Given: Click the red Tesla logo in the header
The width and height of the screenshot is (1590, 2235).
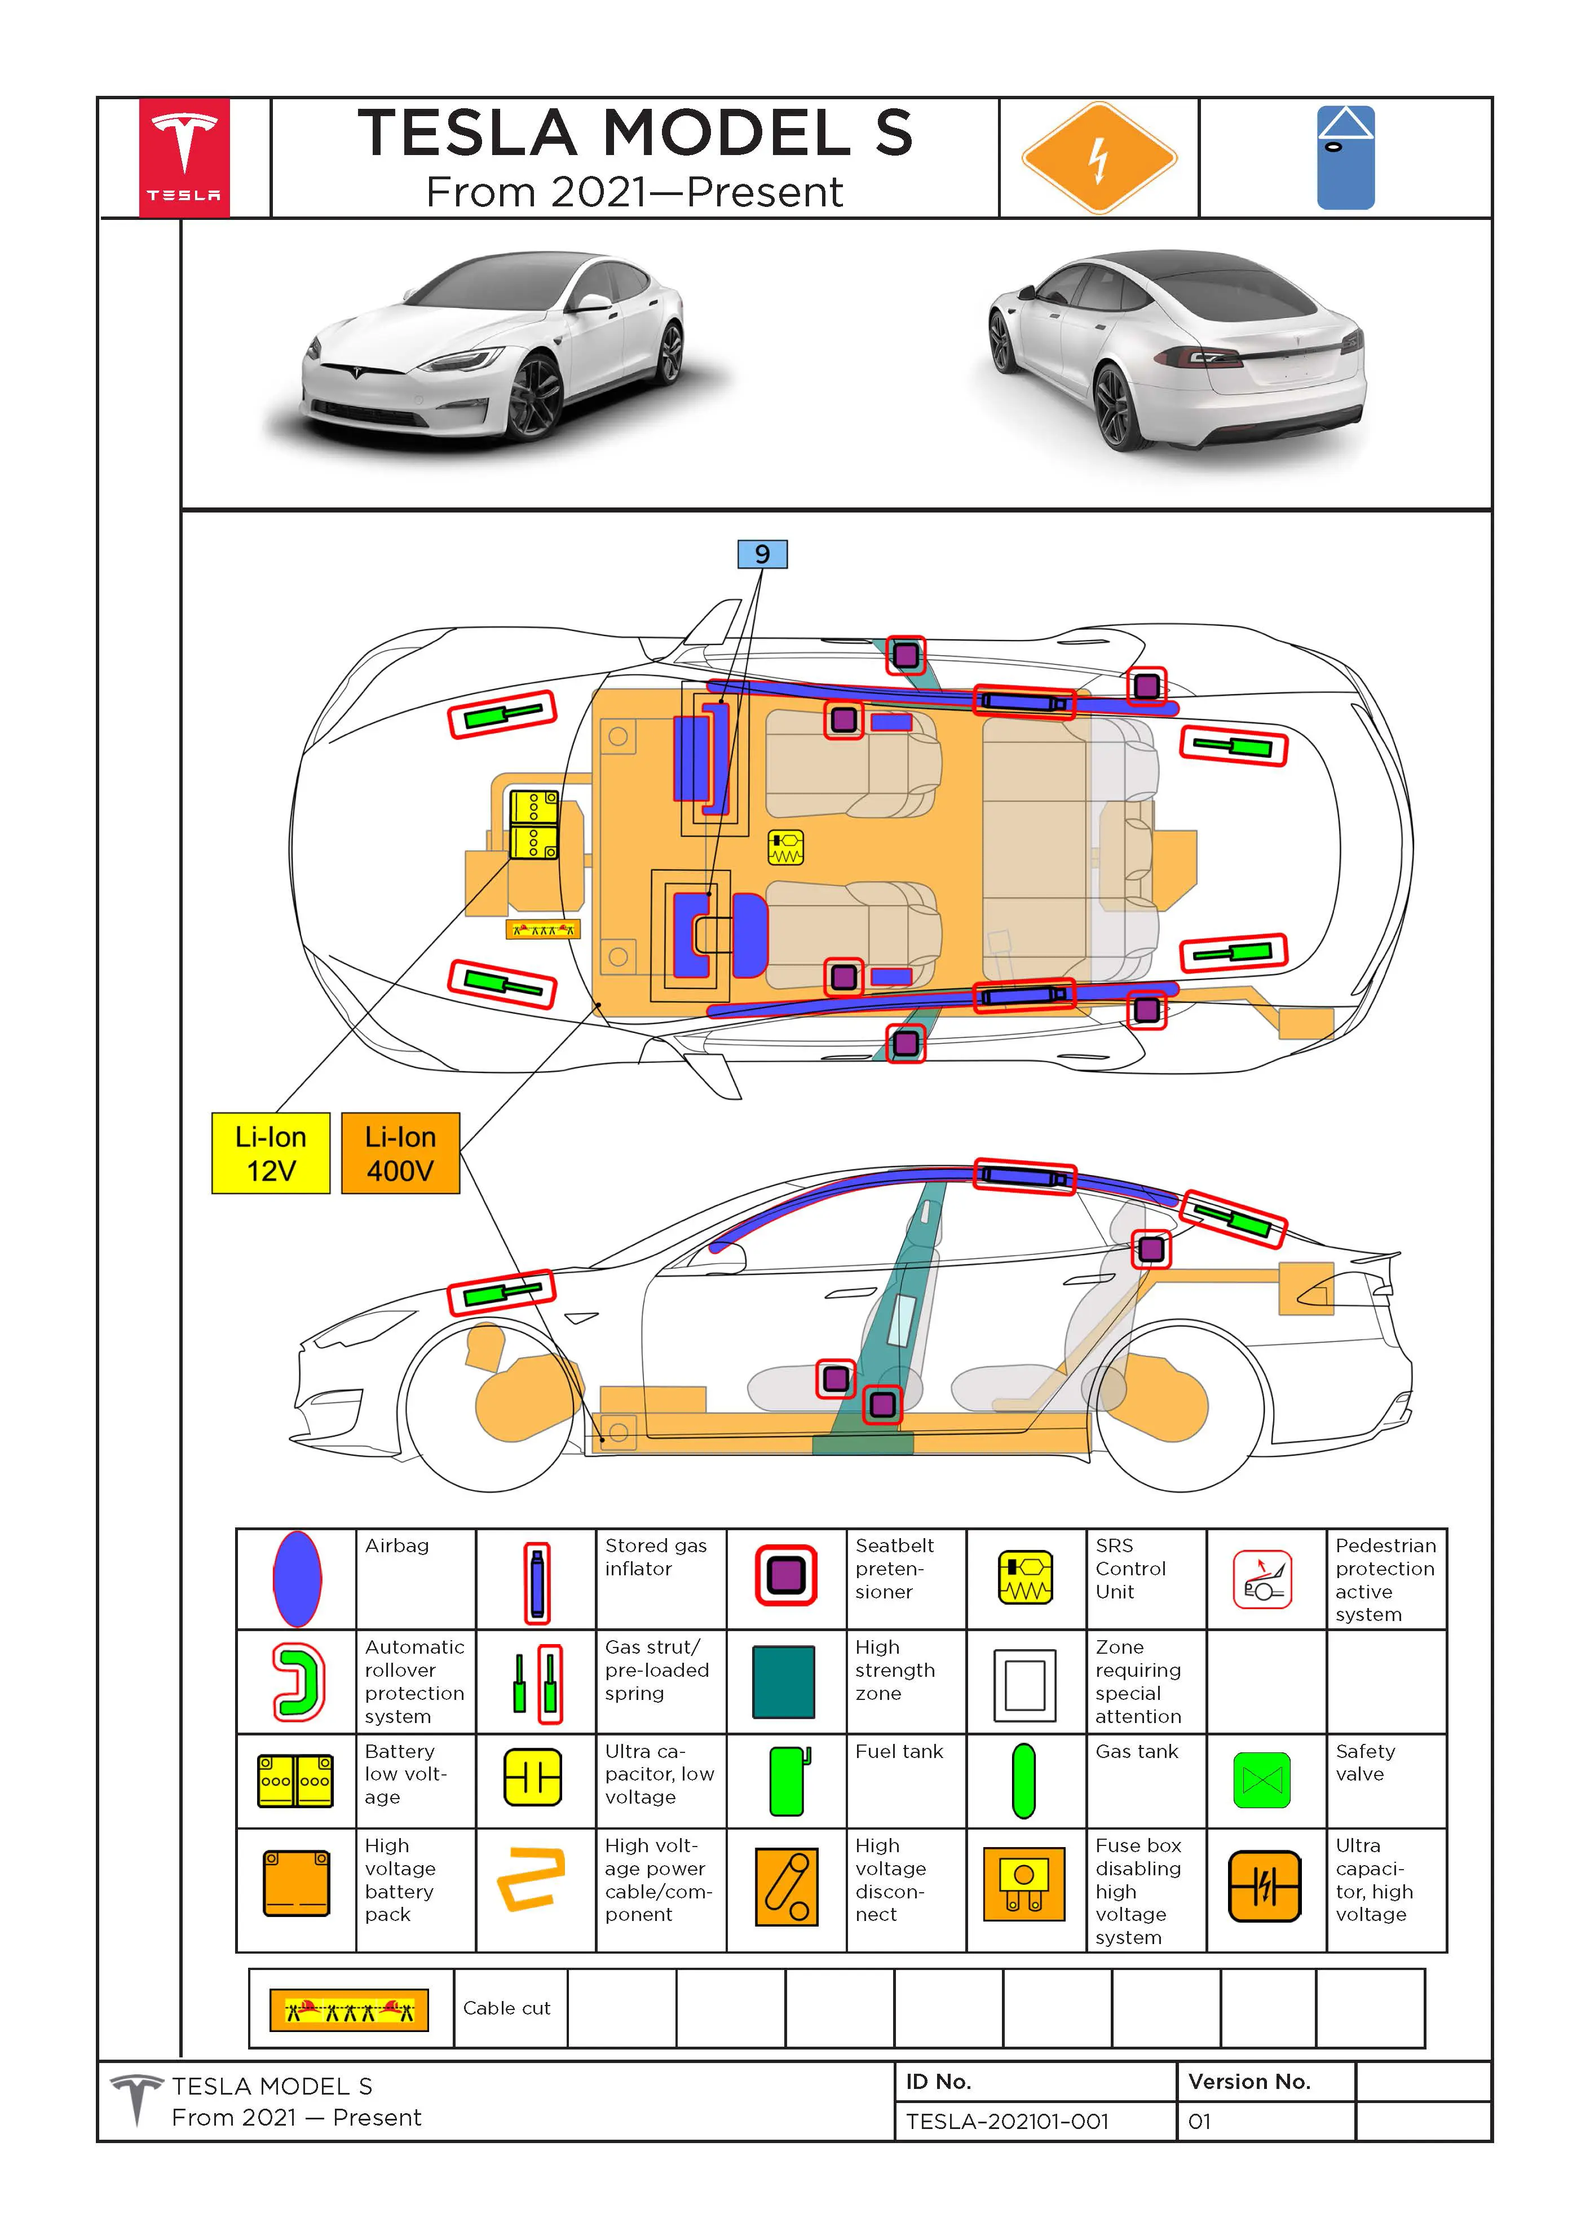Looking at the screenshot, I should point(184,157).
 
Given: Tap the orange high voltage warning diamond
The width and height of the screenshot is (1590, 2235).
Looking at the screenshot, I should point(1098,158).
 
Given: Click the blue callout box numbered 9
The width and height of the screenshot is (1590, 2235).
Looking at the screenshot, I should point(762,554).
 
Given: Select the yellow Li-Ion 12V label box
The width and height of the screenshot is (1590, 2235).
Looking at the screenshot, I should point(270,1152).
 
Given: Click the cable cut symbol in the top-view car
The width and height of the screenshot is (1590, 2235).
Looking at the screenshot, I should point(542,929).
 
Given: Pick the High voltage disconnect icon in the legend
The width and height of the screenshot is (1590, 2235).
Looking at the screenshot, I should point(785,1885).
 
